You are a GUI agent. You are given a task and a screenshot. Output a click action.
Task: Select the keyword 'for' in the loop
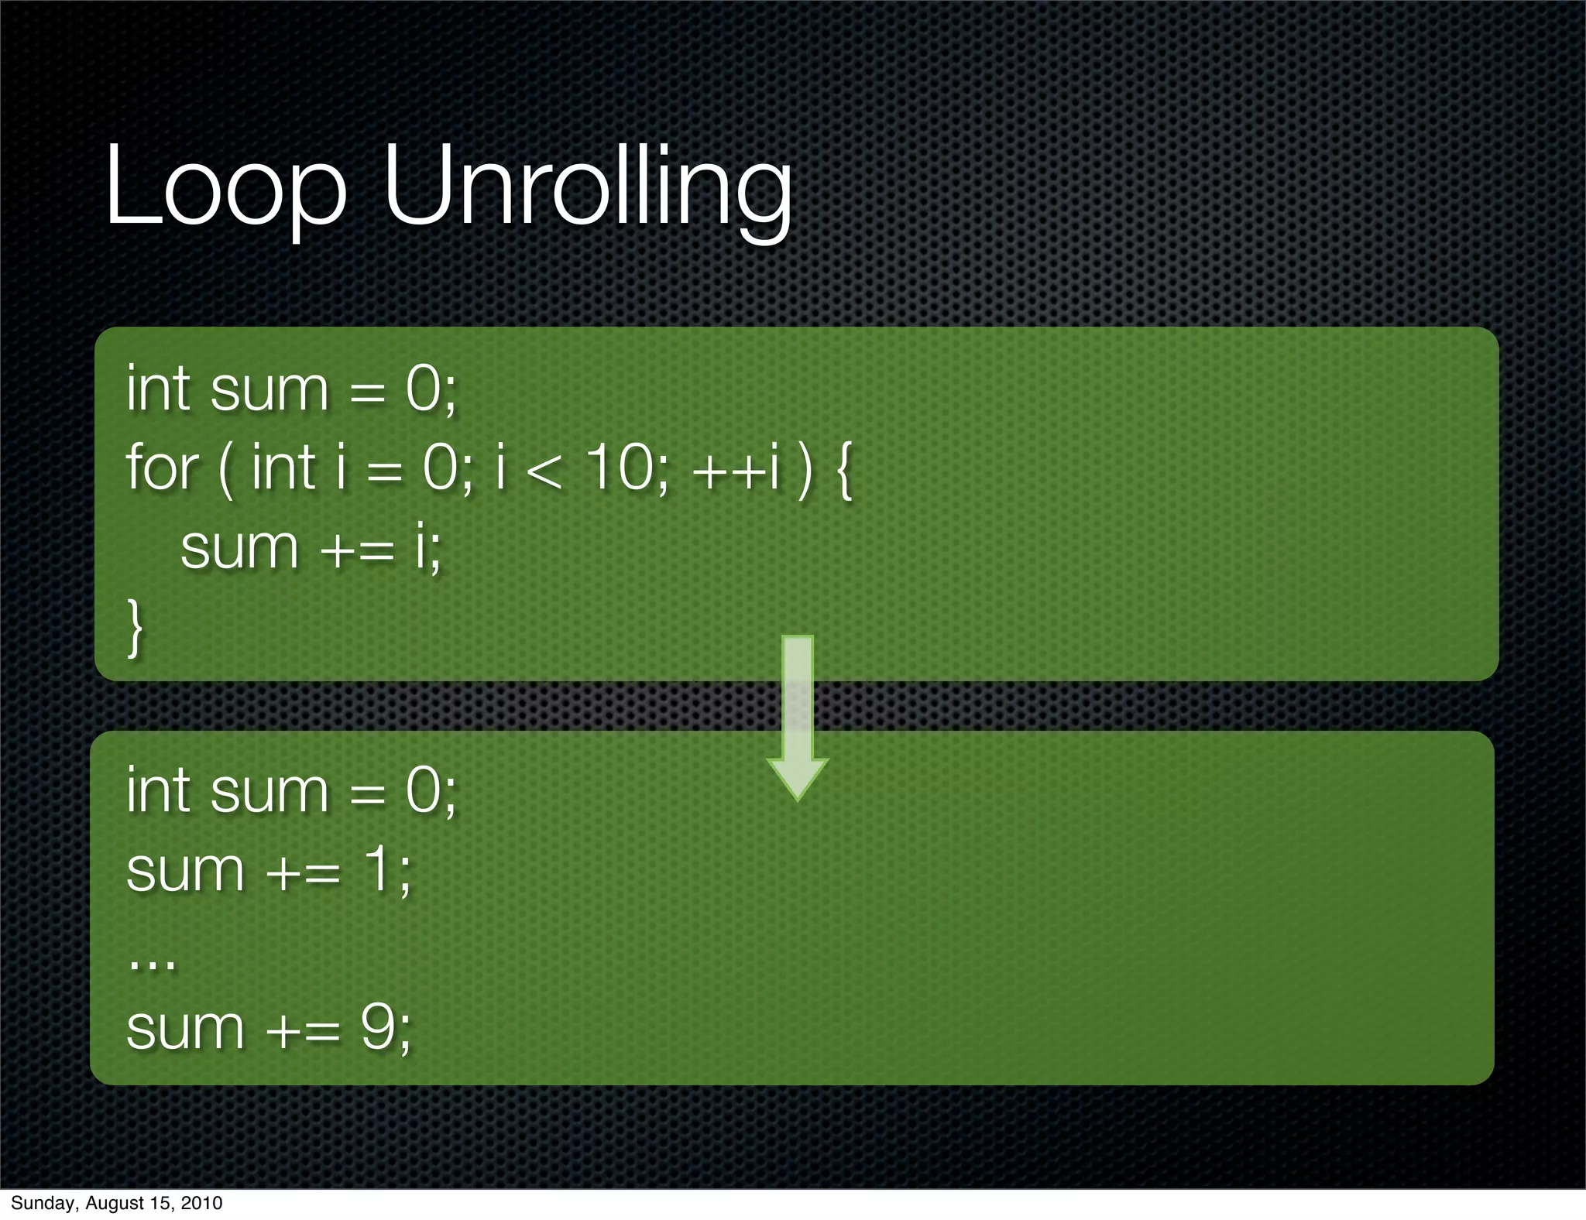click(162, 468)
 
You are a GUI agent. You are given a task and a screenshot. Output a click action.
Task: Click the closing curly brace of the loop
click(135, 627)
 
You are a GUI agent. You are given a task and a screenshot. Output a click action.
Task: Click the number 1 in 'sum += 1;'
click(379, 869)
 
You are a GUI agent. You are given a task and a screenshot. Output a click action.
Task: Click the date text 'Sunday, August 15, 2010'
click(116, 1203)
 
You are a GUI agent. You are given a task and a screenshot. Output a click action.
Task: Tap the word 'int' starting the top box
click(158, 388)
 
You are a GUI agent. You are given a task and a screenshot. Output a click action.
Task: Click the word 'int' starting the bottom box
click(158, 790)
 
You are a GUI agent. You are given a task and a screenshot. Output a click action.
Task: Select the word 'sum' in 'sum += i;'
click(239, 548)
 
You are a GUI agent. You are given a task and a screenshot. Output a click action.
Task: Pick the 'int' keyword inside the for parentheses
click(283, 468)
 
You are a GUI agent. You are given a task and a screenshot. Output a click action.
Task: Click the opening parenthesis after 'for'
click(225, 470)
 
